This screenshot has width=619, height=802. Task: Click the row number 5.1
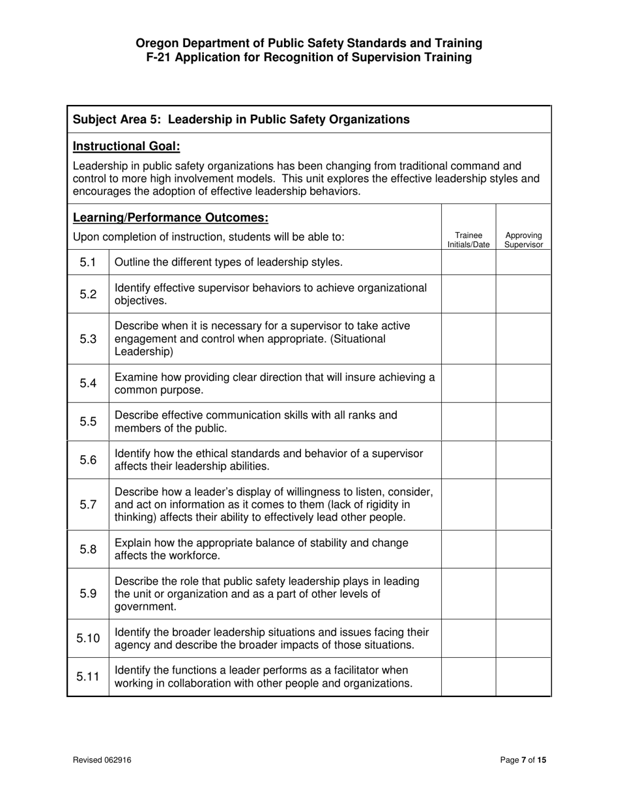tap(88, 262)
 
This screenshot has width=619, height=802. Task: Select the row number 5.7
tap(88, 505)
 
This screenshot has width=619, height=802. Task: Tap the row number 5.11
tap(88, 677)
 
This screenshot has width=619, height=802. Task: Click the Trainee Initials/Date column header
tap(468, 240)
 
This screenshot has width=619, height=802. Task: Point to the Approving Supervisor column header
tap(523, 240)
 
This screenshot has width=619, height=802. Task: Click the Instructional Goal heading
tap(126, 146)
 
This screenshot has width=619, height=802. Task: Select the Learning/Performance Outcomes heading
tap(170, 217)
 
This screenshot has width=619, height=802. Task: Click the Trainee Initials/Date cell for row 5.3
tap(468, 338)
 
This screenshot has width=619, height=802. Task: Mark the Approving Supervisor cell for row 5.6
tap(523, 460)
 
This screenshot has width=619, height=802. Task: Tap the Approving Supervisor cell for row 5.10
tap(523, 638)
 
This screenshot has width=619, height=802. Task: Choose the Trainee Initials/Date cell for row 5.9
tap(468, 593)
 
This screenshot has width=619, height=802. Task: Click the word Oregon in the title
tap(157, 43)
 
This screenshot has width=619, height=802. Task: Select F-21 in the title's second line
tap(164, 57)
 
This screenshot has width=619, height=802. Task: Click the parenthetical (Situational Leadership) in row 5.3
tap(250, 346)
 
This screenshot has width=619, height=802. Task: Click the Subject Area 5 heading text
tap(241, 119)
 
